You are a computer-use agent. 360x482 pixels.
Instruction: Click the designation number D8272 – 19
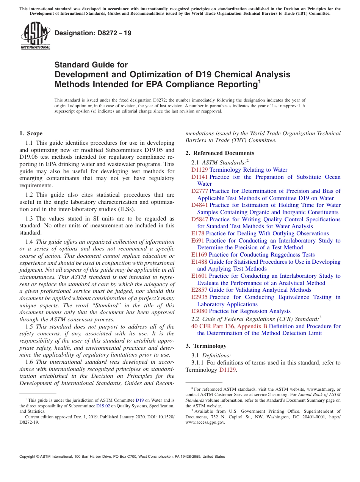pyautogui.click(x=93, y=33)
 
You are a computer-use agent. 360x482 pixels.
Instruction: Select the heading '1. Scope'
pyautogui.click(x=31, y=133)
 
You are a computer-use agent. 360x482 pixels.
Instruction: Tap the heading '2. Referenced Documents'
pyautogui.click(x=220, y=153)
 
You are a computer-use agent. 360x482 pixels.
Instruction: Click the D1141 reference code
pyautogui.click(x=199, y=177)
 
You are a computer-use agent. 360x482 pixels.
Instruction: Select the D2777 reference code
pyautogui.click(x=199, y=191)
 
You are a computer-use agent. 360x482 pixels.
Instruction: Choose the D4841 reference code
pyautogui.click(x=199, y=205)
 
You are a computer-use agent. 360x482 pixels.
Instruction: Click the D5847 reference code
pyautogui.click(x=199, y=219)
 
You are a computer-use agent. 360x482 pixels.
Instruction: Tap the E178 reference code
pyautogui.click(x=198, y=233)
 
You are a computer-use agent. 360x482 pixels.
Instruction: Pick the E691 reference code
pyautogui.click(x=198, y=241)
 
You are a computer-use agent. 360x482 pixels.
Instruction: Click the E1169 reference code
pyautogui.click(x=199, y=255)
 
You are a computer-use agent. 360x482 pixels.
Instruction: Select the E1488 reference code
pyautogui.click(x=199, y=262)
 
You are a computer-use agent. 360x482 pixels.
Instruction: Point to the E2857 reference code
pyautogui.click(x=199, y=290)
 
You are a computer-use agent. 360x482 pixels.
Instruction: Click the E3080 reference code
pyautogui.click(x=199, y=311)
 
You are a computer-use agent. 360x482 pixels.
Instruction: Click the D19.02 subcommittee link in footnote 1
pyautogui.click(x=103, y=406)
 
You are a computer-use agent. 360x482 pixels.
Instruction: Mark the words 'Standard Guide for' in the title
pyautogui.click(x=91, y=65)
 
